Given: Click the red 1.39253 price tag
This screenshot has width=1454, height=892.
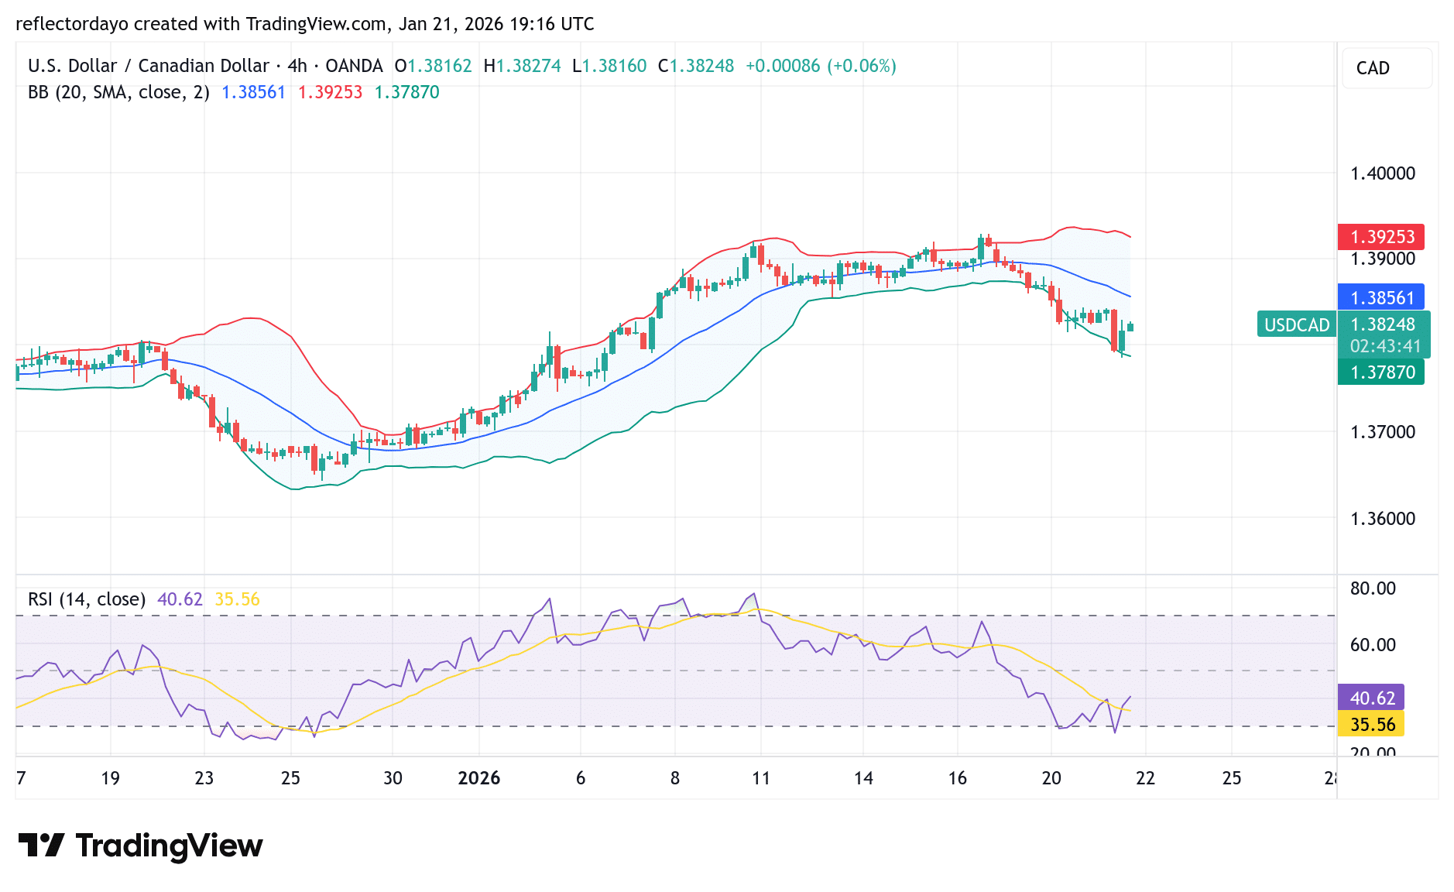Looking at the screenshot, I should coord(1381,237).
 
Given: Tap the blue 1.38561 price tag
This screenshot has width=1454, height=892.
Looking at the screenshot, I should coord(1381,297).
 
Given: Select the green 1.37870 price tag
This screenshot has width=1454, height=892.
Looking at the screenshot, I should coord(1381,372).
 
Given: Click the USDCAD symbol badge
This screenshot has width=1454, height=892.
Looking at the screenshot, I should coord(1297,325).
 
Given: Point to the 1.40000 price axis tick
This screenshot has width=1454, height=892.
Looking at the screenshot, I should coord(1382,173).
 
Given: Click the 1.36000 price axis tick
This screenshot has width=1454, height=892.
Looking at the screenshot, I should coord(1382,519).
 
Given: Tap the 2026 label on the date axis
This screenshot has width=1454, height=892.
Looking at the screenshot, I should coord(478,778).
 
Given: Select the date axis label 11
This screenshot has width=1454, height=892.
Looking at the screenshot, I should coord(761,778).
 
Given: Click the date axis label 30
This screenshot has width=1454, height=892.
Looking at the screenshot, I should coord(393,778).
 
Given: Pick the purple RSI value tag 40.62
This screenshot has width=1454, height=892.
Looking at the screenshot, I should coord(1371,698).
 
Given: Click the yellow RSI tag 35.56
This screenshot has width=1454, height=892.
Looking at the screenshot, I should coord(1371,725).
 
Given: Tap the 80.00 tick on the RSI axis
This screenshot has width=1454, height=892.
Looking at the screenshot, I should coord(1372,588).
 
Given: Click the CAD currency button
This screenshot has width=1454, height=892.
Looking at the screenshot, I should coord(1386,68).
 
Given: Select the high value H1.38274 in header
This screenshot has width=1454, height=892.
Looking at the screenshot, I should coord(522,66).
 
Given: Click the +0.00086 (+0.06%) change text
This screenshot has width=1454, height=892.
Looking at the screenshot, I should coord(821,66).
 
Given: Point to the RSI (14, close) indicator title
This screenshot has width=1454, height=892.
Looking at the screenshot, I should coord(87,599).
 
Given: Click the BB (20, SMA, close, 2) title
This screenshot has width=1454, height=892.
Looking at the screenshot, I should coord(118,92).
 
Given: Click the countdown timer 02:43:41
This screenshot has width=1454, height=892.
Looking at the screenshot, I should coord(1385,346).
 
